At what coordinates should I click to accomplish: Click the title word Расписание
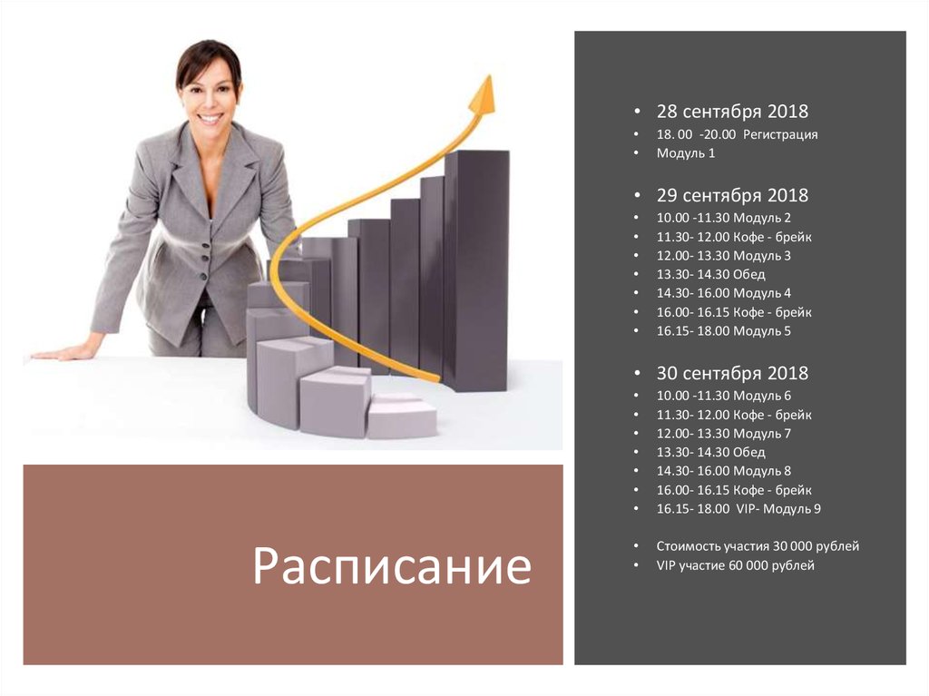pos(391,566)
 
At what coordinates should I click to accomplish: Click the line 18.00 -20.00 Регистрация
pos(737,134)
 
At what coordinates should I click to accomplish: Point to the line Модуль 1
pos(686,153)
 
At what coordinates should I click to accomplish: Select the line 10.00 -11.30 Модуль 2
pos(724,218)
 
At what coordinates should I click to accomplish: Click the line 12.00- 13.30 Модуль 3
pos(724,255)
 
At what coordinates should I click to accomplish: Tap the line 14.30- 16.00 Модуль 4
pos(724,293)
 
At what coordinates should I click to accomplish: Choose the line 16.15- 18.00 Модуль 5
pos(724,331)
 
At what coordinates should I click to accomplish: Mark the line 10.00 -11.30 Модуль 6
pos(724,396)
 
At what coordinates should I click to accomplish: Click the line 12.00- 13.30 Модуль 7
pos(724,433)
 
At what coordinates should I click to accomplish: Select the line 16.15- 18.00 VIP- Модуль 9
pos(738,509)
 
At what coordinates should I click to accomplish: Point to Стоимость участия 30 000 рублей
pos(758,546)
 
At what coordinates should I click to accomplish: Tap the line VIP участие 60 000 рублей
pos(735,565)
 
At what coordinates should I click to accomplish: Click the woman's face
pos(209,94)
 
